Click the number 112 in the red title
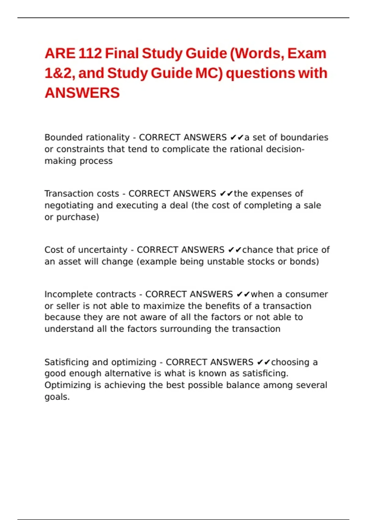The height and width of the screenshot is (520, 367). pyautogui.click(x=90, y=54)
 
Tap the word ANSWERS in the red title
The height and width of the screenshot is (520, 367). pyautogui.click(x=82, y=93)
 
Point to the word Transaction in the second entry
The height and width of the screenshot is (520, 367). pyautogui.click(x=65, y=194)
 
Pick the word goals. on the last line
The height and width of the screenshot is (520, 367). pyautogui.click(x=57, y=397)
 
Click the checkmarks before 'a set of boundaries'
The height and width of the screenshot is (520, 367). pyautogui.click(x=237, y=138)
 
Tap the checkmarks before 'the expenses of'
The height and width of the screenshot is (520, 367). pyautogui.click(x=226, y=194)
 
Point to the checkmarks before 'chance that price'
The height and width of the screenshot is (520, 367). pyautogui.click(x=235, y=250)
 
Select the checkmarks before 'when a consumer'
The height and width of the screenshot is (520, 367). pyautogui.click(x=243, y=295)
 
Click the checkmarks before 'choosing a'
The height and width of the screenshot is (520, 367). pyautogui.click(x=264, y=362)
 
